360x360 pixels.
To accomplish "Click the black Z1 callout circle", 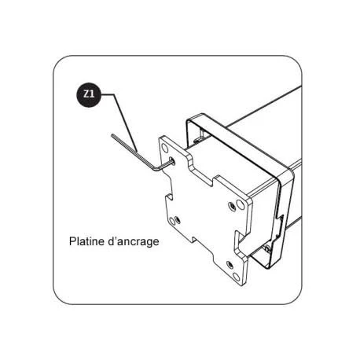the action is pyautogui.click(x=89, y=94).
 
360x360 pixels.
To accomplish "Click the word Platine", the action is pyautogui.click(x=86, y=241).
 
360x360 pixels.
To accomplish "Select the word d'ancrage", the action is pyautogui.click(x=134, y=242).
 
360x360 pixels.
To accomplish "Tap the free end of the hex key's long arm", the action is pyautogui.click(x=112, y=135).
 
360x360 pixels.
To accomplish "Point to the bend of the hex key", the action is pyautogui.click(x=155, y=170).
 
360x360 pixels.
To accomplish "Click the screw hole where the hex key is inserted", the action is pyautogui.click(x=172, y=160).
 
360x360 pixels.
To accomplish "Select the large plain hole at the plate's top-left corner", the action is pyautogui.click(x=164, y=148).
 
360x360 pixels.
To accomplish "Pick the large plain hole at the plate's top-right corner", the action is pyautogui.click(x=240, y=204).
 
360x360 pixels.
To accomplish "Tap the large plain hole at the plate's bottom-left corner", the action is pyautogui.click(x=172, y=221).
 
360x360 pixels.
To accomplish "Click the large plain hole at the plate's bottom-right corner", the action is pyautogui.click(x=236, y=277).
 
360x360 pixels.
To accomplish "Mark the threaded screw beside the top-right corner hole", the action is pyautogui.click(x=232, y=205).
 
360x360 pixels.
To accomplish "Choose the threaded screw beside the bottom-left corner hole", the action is pyautogui.click(x=178, y=219).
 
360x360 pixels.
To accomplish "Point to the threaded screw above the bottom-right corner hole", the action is pyautogui.click(x=230, y=264).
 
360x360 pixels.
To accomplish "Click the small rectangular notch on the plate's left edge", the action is pyautogui.click(x=169, y=197).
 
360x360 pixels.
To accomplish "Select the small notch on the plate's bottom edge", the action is pyautogui.click(x=194, y=240).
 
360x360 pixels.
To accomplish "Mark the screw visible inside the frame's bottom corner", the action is pyautogui.click(x=267, y=249).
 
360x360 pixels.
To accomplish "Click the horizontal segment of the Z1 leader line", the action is pyautogui.click(x=108, y=94).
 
